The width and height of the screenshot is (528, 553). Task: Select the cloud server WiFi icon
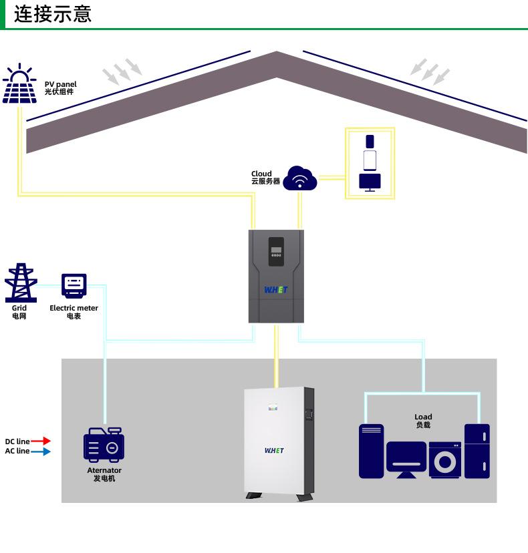pos(300,178)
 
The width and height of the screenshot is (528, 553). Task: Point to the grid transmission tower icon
pos(21,283)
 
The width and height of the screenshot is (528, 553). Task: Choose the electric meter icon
pos(74,286)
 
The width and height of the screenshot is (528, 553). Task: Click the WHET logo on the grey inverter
pos(275,291)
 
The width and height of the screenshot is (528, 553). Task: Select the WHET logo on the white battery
pos(274,451)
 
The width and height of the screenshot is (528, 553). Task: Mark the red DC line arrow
pos(41,441)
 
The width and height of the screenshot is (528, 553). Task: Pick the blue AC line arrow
pos(41,451)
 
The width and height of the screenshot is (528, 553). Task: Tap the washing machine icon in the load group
pos(445,459)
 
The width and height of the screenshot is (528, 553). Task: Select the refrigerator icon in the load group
pos(477,451)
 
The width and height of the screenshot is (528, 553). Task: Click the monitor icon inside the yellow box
pos(370,182)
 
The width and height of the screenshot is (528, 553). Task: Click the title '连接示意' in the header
pos(53,14)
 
